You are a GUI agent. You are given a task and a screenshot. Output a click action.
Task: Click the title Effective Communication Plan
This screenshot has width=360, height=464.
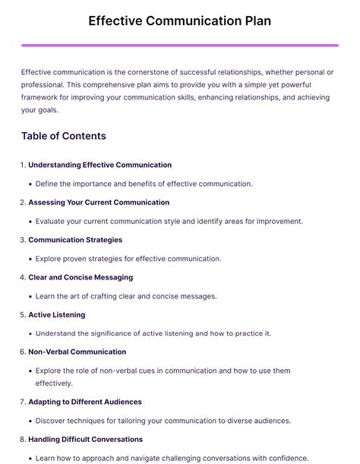pos(179,21)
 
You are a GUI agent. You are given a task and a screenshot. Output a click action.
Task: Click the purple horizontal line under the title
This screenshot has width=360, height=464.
pos(179,46)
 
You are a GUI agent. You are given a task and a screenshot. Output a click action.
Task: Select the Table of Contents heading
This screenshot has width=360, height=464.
pos(64,137)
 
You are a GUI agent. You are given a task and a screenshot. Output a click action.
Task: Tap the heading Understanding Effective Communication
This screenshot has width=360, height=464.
pos(99,165)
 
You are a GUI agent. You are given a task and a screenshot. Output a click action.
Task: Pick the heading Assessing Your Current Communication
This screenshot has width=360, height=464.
pos(99,203)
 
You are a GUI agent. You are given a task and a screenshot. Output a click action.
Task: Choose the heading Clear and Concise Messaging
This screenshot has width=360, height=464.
pos(80,277)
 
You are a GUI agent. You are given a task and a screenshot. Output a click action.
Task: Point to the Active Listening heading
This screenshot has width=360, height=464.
pos(56,314)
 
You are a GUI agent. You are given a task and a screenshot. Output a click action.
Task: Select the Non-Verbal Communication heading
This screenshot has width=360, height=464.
pos(77,352)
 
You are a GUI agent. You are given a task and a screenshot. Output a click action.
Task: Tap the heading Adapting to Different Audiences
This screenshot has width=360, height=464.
pos(85,402)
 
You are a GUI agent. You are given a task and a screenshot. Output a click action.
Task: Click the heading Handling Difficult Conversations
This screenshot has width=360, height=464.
pos(85,439)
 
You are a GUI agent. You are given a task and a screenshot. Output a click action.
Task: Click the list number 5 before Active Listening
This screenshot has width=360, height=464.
pos(23,314)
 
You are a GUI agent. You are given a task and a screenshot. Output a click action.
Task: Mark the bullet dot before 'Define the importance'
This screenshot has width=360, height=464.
pos(30,184)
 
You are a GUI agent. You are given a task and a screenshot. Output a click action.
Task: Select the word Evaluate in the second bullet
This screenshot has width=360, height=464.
pos(52,221)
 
